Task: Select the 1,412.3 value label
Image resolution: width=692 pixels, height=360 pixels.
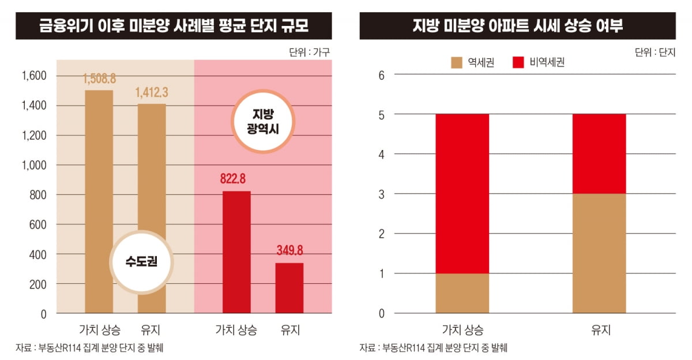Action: point(152,92)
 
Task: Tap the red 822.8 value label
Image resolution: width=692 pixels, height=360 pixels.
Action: point(236,179)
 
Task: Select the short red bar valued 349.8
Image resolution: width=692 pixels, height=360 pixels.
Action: point(289,288)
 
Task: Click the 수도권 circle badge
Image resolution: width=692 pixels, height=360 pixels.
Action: point(141,262)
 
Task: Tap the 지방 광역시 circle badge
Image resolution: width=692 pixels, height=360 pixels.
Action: point(263,121)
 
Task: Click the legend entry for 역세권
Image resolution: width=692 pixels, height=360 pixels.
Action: point(472,62)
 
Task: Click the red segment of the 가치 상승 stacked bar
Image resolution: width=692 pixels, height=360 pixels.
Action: point(462,193)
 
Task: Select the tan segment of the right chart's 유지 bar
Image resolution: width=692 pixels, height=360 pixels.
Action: point(599,253)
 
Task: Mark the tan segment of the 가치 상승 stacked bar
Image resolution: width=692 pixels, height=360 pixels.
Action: point(462,293)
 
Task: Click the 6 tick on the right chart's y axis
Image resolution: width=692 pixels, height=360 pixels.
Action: point(381,74)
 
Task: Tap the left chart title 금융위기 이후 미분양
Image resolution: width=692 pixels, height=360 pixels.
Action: point(174,26)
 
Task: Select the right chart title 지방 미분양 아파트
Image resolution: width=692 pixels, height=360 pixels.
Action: point(517,26)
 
